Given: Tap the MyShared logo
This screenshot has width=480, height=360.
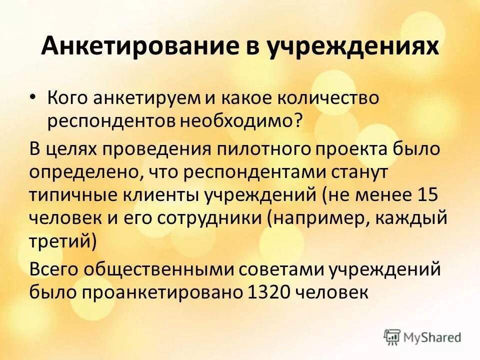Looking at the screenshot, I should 422,337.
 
